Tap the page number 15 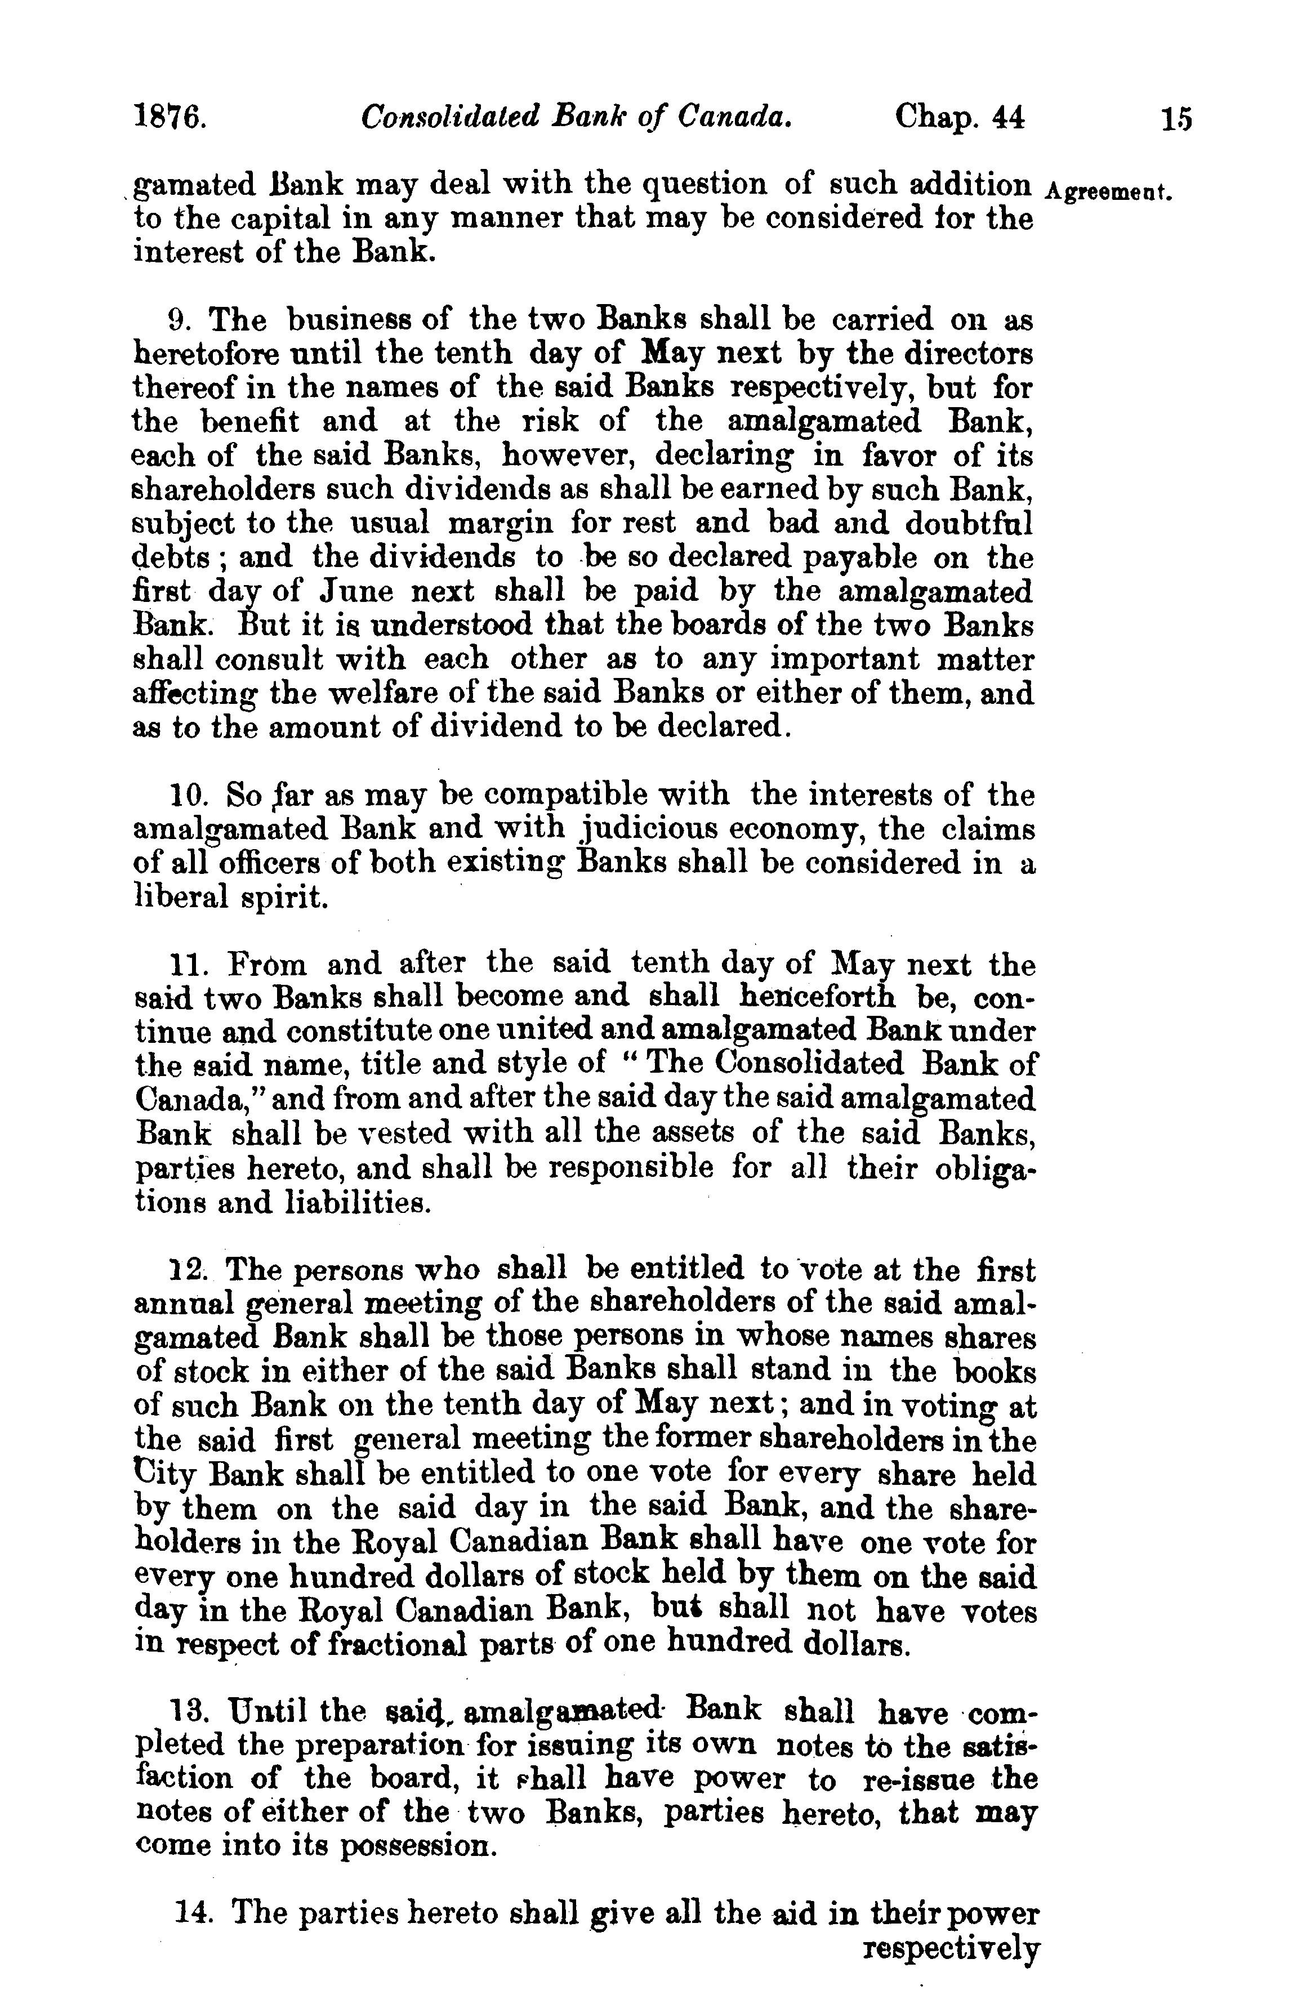point(1175,117)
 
